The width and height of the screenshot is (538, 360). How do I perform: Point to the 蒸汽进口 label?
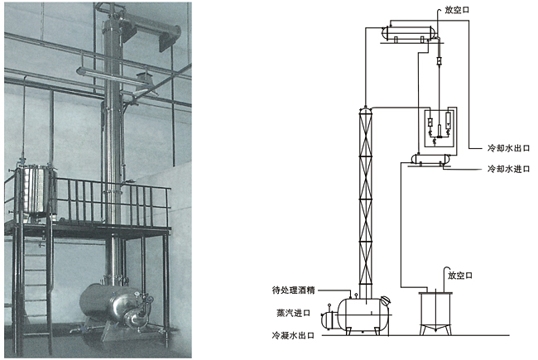pyautogui.click(x=296, y=313)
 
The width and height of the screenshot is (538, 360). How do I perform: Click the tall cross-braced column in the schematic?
pyautogui.click(x=365, y=199)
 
